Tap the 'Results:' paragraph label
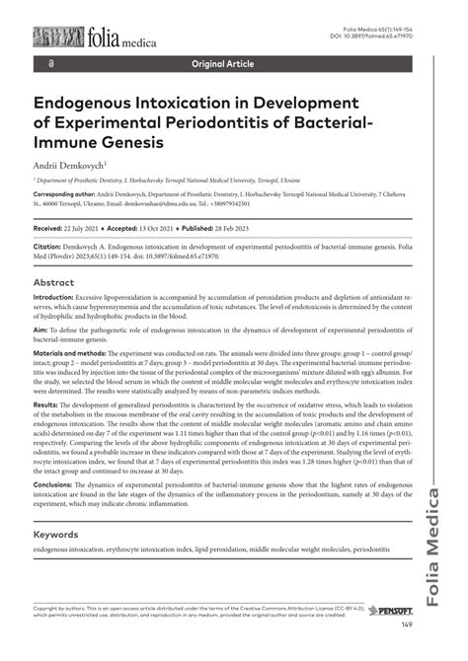coord(45,404)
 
